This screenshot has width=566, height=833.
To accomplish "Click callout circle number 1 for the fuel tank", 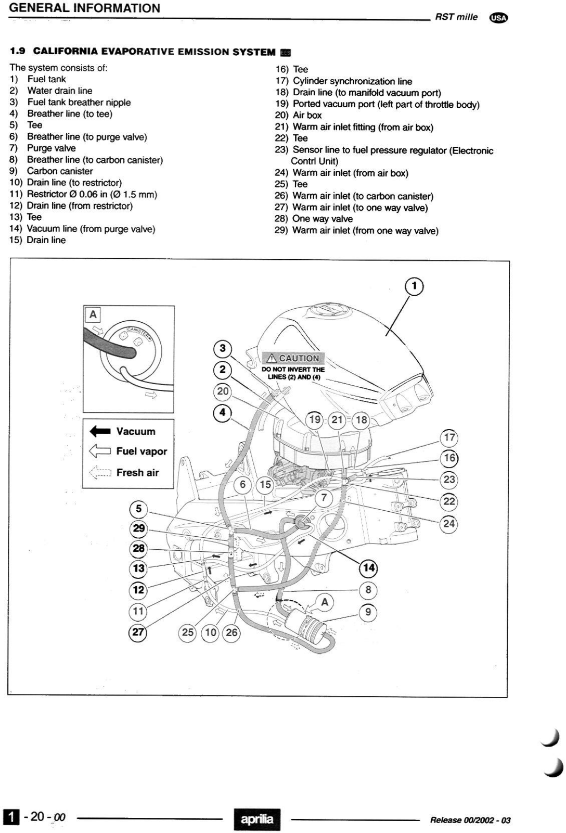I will click(415, 286).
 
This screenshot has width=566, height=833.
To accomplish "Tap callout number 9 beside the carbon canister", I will click(368, 611).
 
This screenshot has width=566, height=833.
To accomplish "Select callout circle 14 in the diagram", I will click(369, 567).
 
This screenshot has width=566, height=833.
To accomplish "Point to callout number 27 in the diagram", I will click(138, 632).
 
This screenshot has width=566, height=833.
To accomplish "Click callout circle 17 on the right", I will click(449, 437).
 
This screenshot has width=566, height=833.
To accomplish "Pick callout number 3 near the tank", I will click(223, 349).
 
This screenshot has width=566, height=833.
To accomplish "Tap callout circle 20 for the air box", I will click(223, 392).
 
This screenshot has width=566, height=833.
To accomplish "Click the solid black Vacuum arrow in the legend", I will click(100, 431).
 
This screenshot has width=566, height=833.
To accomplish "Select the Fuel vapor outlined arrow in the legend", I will click(100, 451).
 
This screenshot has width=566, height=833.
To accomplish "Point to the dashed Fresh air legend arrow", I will click(100, 472).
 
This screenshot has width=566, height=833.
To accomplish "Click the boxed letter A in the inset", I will click(93, 314).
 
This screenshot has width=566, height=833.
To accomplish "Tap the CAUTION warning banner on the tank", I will click(294, 358).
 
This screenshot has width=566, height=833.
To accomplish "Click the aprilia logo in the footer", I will click(257, 819).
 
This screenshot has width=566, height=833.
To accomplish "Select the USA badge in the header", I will click(499, 17).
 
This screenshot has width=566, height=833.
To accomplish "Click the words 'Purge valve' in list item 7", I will click(51, 148).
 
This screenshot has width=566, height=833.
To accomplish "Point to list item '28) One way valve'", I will click(314, 219).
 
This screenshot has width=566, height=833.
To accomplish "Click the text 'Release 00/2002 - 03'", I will click(470, 820).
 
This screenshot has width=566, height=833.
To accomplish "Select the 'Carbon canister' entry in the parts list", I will click(60, 171).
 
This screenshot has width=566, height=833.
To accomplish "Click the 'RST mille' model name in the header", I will click(456, 17).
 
